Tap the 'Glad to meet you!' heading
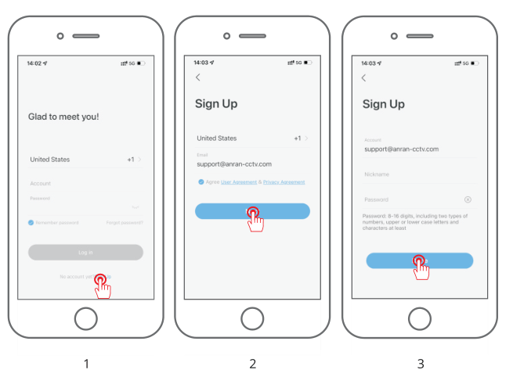(x=64, y=117)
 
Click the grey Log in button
(x=85, y=252)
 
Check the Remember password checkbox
(x=31, y=223)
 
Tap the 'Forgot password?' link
(x=125, y=223)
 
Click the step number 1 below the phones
(x=86, y=364)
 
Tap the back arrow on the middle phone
(x=197, y=77)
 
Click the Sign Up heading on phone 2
(x=215, y=104)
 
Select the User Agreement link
(x=238, y=181)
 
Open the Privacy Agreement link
(x=284, y=181)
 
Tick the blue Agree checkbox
(x=201, y=181)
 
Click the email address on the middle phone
(x=234, y=163)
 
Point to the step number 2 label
(x=252, y=364)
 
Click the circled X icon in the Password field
(x=468, y=199)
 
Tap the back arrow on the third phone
(x=363, y=77)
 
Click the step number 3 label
(x=421, y=364)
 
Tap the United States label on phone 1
(x=50, y=160)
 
